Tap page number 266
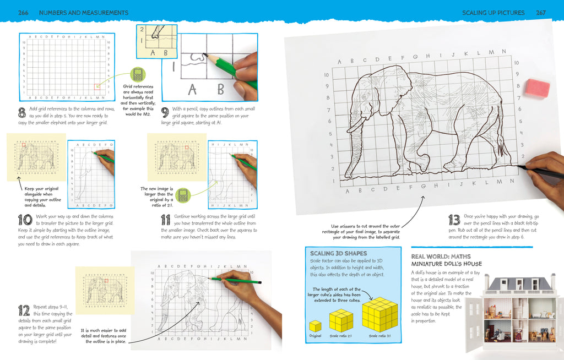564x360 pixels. (24, 12)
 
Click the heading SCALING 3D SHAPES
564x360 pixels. (335, 253)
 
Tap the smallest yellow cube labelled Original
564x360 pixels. (316, 325)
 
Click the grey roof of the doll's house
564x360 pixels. (520, 282)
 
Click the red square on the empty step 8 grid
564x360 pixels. (97, 86)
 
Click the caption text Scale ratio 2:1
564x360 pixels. (341, 336)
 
